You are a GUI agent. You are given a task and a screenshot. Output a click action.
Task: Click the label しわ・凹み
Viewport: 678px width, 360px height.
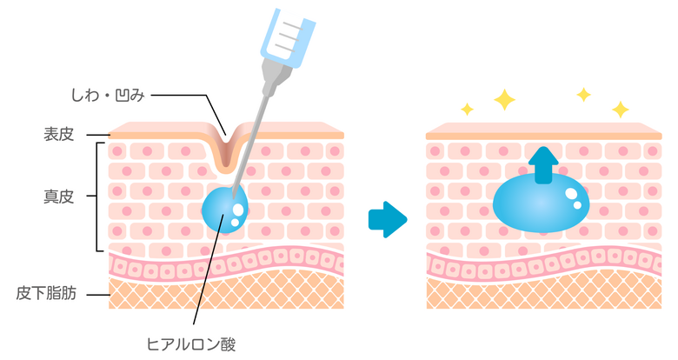point(108,95)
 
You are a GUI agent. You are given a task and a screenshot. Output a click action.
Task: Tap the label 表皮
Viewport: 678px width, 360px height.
point(58,134)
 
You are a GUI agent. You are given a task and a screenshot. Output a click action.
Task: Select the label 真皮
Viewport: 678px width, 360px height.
point(58,197)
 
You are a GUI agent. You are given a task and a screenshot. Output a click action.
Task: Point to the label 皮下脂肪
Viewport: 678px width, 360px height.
point(46,293)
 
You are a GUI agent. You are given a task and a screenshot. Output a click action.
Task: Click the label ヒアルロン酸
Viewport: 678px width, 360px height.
point(191,344)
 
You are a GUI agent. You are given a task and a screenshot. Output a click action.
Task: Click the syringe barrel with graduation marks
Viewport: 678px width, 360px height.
point(288,37)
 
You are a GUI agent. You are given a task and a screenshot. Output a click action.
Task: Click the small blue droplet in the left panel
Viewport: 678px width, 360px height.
point(225,209)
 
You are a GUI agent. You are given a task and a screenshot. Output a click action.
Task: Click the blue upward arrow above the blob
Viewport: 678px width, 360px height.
point(543,165)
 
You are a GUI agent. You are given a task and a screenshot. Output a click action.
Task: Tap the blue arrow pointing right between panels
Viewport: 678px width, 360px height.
point(388,219)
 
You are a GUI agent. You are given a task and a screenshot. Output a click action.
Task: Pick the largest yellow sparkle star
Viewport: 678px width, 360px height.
point(505,100)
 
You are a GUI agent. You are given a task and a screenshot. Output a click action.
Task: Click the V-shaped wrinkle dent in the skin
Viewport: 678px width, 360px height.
point(225,150)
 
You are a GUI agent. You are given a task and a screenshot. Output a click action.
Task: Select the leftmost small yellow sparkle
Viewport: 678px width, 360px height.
point(467,109)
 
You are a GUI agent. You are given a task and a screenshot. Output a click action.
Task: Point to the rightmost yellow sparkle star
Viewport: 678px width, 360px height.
point(621,110)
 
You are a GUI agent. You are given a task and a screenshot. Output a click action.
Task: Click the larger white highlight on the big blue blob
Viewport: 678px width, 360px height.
point(571,193)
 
